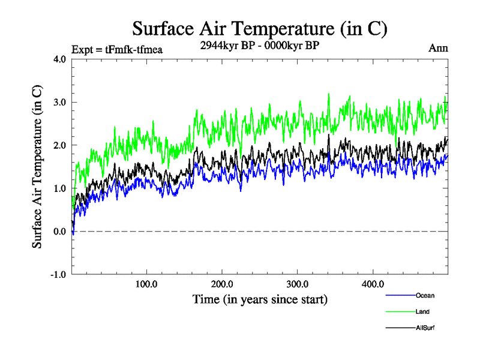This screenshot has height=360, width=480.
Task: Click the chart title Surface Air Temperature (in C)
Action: tap(260, 29)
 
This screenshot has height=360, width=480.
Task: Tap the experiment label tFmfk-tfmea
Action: tap(117, 49)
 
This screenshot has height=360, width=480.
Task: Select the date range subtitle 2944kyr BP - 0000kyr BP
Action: tap(260, 46)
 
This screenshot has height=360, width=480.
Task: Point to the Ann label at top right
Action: tap(438, 48)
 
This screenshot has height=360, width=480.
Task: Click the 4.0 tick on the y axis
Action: tap(58, 59)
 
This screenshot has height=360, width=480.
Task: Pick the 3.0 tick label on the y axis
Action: tap(58, 102)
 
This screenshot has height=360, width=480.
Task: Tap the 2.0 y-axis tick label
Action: tap(58, 145)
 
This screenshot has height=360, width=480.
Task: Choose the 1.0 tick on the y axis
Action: tap(58, 188)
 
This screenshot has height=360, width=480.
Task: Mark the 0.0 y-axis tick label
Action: tap(58, 232)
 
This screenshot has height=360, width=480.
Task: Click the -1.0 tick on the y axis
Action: tap(57, 275)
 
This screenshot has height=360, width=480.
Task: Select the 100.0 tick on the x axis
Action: tap(146, 284)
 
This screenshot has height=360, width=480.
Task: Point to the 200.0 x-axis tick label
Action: tap(222, 284)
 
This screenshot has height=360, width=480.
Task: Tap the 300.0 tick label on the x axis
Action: tap(298, 284)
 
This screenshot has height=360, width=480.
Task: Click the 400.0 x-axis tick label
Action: tap(373, 284)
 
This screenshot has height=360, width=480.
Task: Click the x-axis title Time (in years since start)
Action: tap(260, 299)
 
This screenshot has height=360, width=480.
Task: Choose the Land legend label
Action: tap(422, 311)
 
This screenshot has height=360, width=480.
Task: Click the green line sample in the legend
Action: tap(400, 311)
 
